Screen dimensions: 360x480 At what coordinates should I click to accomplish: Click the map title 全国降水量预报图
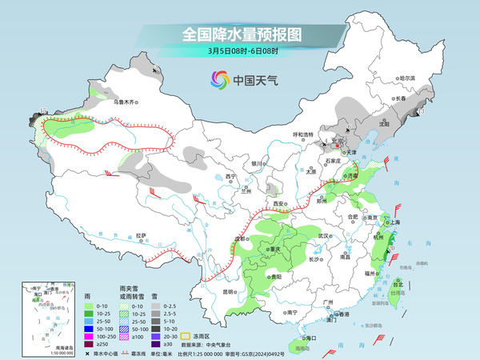241,34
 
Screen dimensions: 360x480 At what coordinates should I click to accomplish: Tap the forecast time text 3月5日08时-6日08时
241,51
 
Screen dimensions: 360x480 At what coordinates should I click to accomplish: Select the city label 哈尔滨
408,78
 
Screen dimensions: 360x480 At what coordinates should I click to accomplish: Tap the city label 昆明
230,291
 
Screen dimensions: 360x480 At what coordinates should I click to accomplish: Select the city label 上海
394,221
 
